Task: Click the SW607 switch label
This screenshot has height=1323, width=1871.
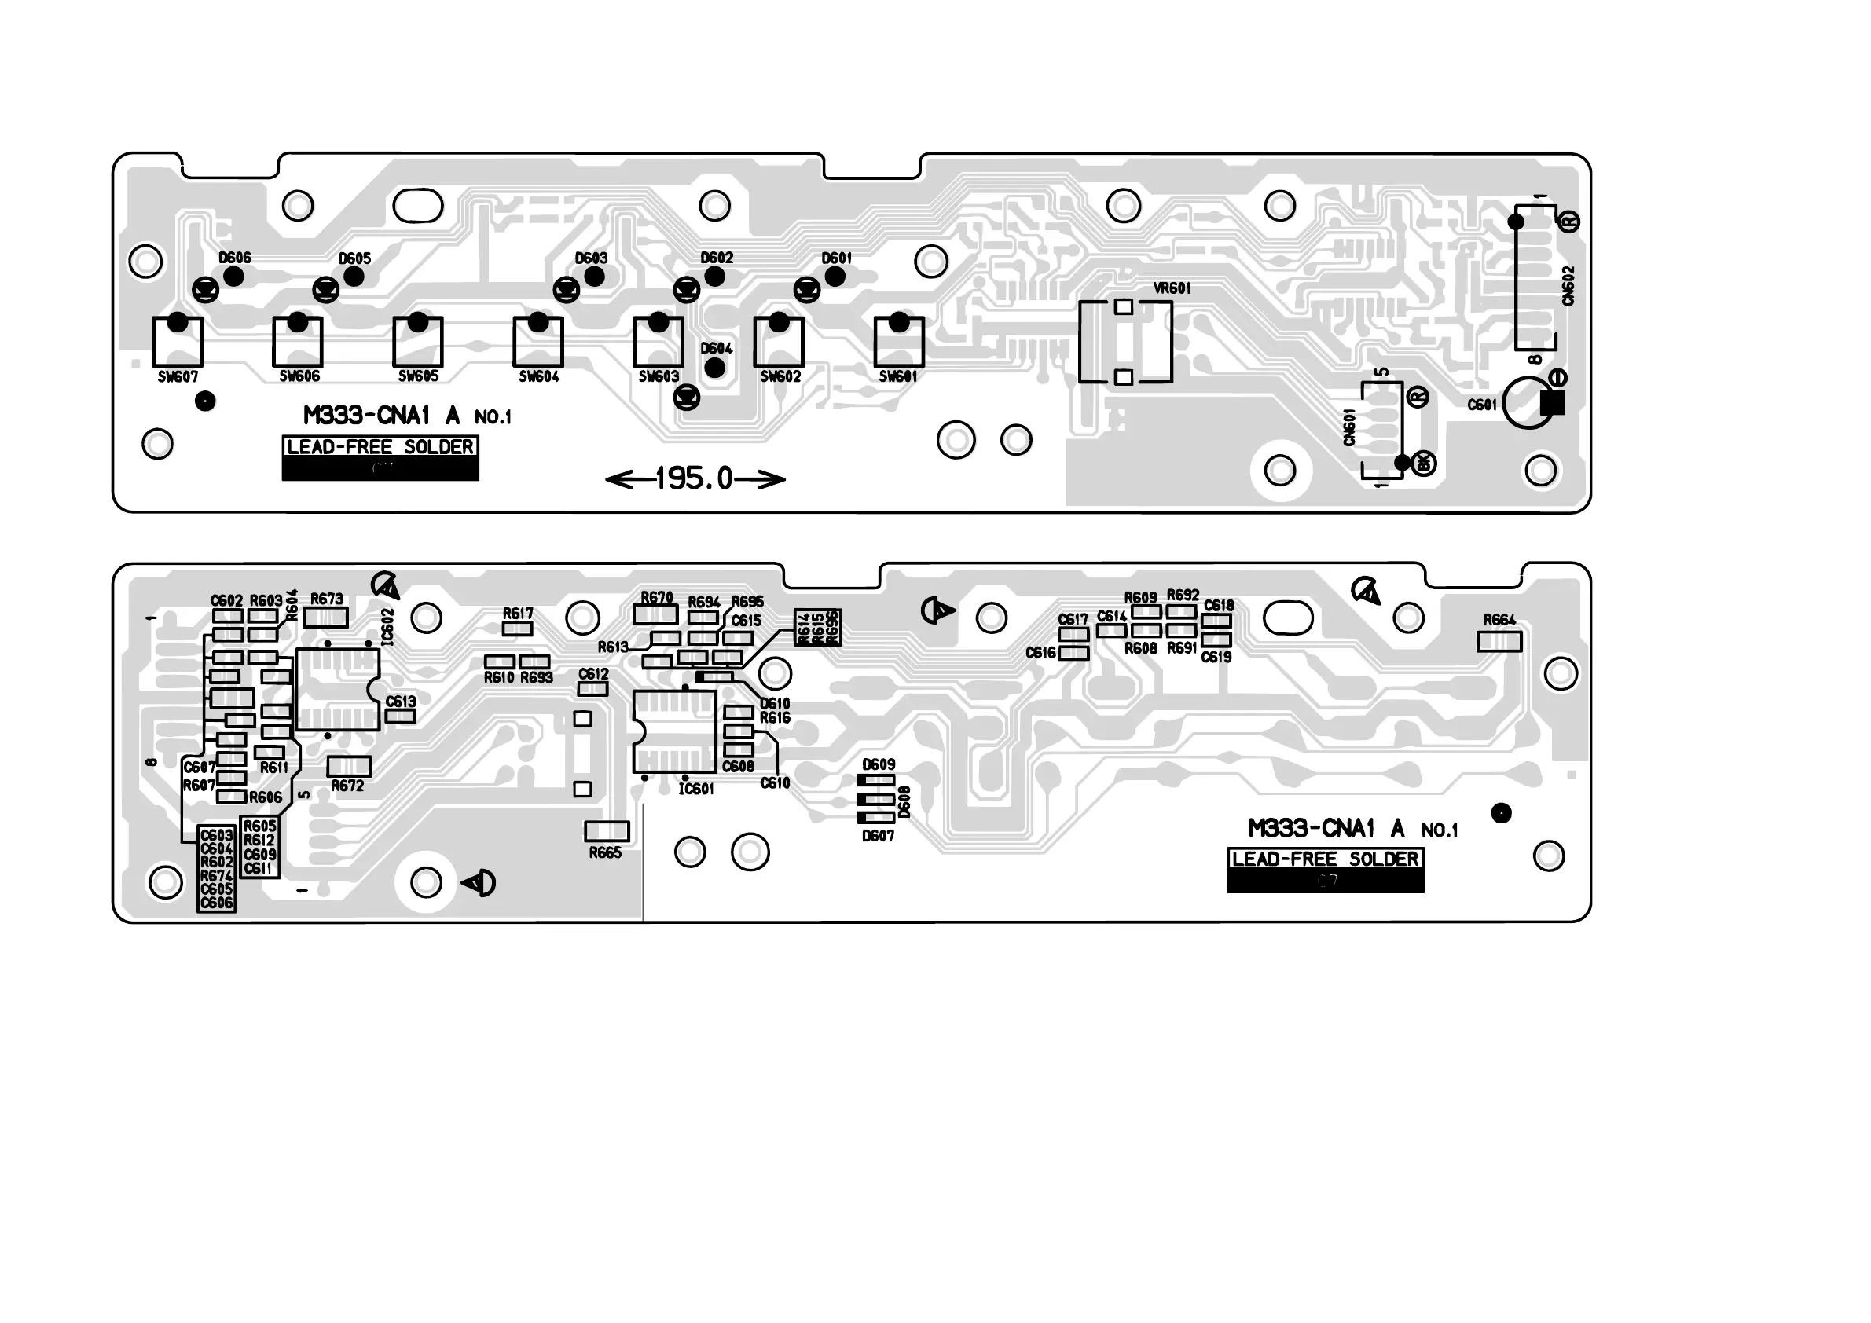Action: (x=178, y=377)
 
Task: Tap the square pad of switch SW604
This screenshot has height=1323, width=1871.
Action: (x=537, y=343)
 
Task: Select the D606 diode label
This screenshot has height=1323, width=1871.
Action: (x=235, y=258)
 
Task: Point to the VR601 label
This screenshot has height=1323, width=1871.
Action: (x=1172, y=288)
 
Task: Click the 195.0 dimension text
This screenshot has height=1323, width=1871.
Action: (x=695, y=479)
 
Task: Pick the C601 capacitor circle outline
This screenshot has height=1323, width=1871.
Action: (x=1527, y=402)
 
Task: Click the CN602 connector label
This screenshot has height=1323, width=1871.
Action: (x=1568, y=286)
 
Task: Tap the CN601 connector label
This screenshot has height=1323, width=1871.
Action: (x=1349, y=427)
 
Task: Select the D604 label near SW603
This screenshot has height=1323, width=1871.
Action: (x=717, y=349)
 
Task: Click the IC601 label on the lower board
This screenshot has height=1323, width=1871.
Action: (x=696, y=790)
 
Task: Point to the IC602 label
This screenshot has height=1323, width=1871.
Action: (x=388, y=626)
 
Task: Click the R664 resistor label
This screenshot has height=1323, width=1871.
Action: (x=1499, y=620)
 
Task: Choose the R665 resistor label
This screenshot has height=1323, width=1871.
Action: (x=606, y=853)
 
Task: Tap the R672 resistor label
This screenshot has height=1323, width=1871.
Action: (x=347, y=786)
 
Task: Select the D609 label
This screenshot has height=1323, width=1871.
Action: (x=879, y=765)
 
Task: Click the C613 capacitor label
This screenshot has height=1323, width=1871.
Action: (x=400, y=702)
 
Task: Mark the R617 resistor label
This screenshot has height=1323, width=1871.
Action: (x=518, y=614)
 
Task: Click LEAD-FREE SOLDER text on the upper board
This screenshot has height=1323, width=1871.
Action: (x=380, y=447)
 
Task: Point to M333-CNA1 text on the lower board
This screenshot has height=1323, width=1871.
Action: (x=1312, y=830)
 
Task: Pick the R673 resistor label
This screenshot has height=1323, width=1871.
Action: (x=327, y=599)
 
